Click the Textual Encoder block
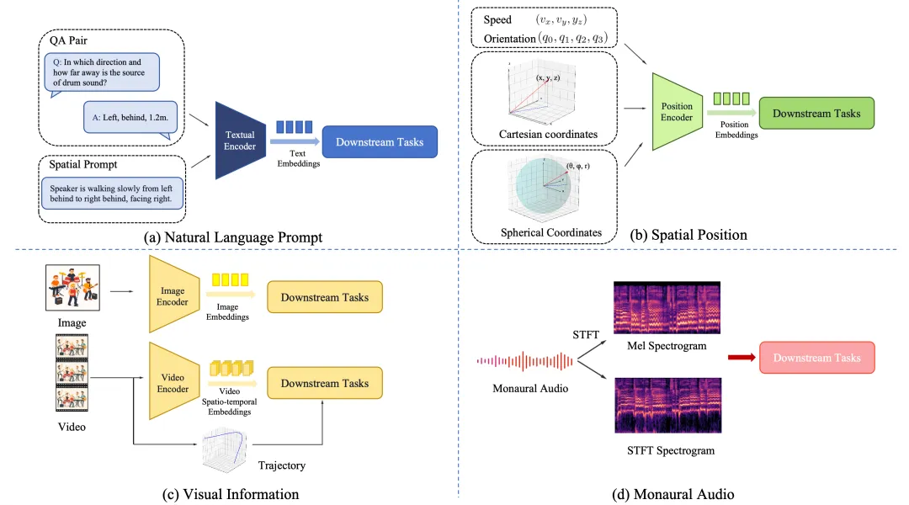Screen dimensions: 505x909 239,140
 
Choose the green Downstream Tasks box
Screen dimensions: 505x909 816,114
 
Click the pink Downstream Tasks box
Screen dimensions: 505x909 816,358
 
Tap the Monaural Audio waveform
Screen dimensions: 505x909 525,362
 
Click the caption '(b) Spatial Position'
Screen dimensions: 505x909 688,235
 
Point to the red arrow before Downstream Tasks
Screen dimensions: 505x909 740,358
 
